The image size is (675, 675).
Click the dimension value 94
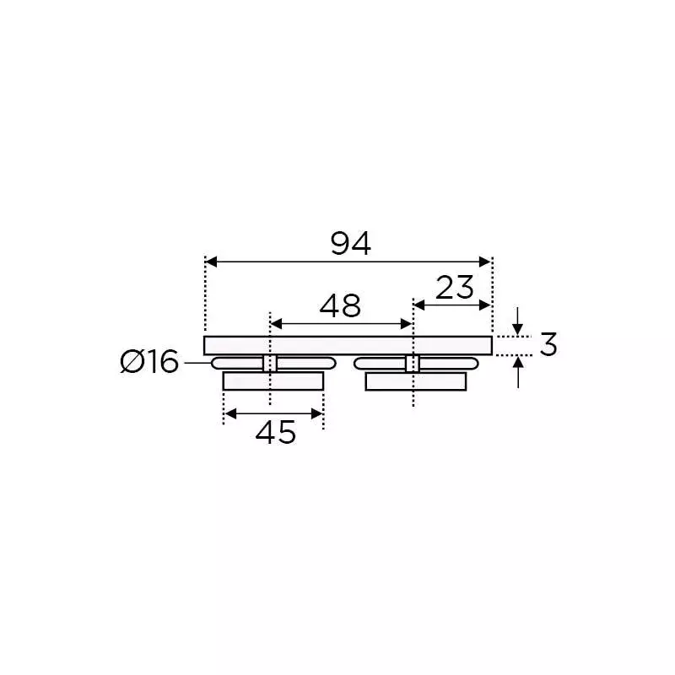pos(350,244)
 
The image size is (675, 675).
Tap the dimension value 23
pos(456,288)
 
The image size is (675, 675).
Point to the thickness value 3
pos(548,344)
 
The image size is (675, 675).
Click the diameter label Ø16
pos(150,363)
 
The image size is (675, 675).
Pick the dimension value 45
pos(276,433)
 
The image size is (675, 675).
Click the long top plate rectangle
pos(348,345)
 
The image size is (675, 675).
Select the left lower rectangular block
pos(273,381)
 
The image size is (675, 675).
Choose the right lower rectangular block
pos(416,381)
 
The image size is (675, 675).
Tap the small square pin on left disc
pos(270,364)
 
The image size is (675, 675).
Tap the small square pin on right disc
pos(413,364)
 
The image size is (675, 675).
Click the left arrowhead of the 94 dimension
pos(211,262)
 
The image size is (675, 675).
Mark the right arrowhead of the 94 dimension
pos(486,262)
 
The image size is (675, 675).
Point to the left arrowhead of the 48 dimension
pos(275,324)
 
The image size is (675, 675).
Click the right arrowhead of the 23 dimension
pos(486,305)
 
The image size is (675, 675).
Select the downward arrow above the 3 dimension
pos(518,330)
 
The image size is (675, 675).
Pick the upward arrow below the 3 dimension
pos(518,361)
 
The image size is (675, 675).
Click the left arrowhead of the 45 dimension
pos(229,413)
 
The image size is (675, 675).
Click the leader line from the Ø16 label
pos(196,363)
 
